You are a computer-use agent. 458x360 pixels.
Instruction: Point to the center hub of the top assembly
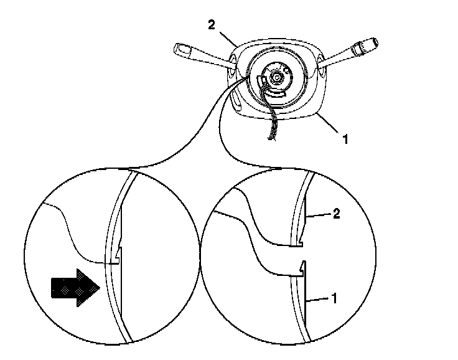(x=273, y=78)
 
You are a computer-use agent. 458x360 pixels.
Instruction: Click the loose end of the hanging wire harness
(x=270, y=141)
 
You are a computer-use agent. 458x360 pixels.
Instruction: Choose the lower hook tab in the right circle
(x=301, y=269)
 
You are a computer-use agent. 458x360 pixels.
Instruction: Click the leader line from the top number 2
(x=226, y=36)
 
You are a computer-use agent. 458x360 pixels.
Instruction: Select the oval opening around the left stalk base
(x=231, y=64)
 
